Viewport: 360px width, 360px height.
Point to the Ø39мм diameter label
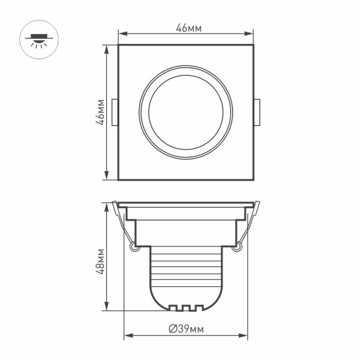click(186, 328)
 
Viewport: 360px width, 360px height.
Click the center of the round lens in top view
click(186, 113)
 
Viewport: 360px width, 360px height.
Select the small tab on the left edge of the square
click(116, 113)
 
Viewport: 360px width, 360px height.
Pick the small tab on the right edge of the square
click(256, 113)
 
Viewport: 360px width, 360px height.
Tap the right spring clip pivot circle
click(238, 245)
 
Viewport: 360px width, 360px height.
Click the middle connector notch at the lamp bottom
click(186, 308)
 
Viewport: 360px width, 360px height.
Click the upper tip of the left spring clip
click(115, 203)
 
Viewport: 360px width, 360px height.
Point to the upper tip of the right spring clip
click(257, 203)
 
